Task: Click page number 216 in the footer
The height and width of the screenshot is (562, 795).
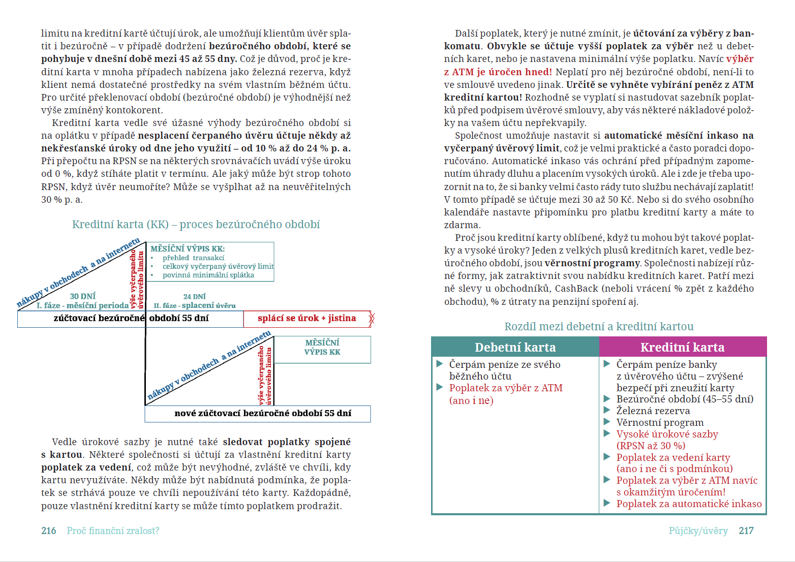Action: [x=49, y=530]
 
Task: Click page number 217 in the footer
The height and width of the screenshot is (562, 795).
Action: [x=746, y=530]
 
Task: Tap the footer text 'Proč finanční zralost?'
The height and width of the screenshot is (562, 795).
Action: [x=113, y=530]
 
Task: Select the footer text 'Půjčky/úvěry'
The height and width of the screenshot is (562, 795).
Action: [x=698, y=530]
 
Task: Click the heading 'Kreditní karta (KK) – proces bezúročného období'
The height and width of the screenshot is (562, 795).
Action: [x=196, y=225]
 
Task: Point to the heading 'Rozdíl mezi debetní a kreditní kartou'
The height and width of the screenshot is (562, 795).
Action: [x=599, y=327]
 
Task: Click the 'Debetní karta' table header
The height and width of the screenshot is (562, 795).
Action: [x=515, y=347]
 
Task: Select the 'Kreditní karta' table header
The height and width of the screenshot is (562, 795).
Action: [x=682, y=347]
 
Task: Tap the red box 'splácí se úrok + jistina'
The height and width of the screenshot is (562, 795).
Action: [x=307, y=319]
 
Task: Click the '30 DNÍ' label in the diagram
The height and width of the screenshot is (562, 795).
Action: [x=82, y=296]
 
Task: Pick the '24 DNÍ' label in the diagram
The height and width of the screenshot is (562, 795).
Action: [x=194, y=296]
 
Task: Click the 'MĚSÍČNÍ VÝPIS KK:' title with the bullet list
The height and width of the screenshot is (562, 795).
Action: [x=188, y=249]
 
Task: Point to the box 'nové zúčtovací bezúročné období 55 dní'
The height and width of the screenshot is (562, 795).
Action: [x=262, y=414]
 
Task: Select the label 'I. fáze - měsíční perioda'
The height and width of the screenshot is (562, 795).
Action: [x=82, y=305]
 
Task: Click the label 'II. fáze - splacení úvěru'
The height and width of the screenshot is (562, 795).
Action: [x=195, y=306]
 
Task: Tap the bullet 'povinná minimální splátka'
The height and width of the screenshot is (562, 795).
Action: [x=208, y=275]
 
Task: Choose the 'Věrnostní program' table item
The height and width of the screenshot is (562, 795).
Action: [x=660, y=423]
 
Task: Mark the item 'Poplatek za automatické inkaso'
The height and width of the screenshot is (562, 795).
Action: [x=689, y=504]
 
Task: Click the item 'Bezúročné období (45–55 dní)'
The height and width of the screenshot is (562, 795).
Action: [x=685, y=399]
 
